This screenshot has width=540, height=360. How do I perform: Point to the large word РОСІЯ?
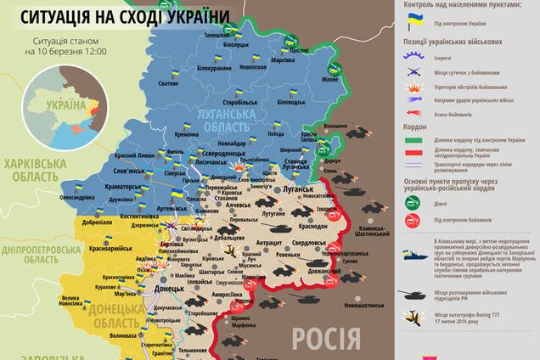(326, 339)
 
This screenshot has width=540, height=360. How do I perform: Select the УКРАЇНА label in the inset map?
(65, 104)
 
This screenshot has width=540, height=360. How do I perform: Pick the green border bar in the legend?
(415, 138)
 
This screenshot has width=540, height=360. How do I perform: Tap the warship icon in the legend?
(415, 253)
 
